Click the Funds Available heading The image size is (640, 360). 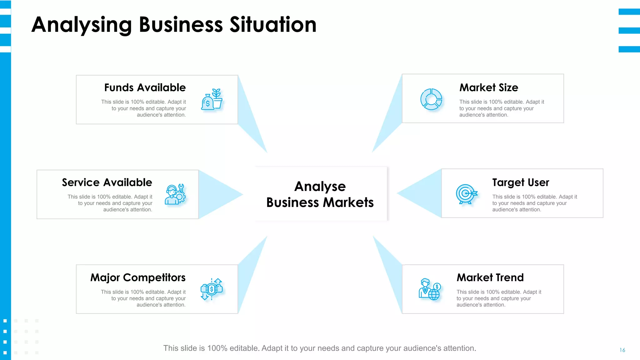pyautogui.click(x=145, y=88)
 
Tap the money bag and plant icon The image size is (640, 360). pyautogui.click(x=212, y=99)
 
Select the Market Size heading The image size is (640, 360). pyautogui.click(x=488, y=88)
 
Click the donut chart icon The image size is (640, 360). pyautogui.click(x=431, y=99)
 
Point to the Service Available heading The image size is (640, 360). pyautogui.click(x=107, y=182)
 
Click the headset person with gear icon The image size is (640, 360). pyautogui.click(x=175, y=194)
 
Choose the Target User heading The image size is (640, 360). pyautogui.click(x=521, y=182)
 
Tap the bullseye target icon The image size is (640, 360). pyautogui.click(x=466, y=194)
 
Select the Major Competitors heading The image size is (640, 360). pyautogui.click(x=138, y=277)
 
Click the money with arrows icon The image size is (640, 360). pyautogui.click(x=212, y=289)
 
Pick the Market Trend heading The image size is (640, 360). pyautogui.click(x=490, y=277)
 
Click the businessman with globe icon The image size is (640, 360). pyautogui.click(x=430, y=289)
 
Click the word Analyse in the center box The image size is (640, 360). pyautogui.click(x=320, y=187)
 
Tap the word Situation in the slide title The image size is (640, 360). pyautogui.click(x=273, y=25)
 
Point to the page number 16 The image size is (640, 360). pyautogui.click(x=622, y=350)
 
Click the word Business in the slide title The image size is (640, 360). pyautogui.click(x=181, y=25)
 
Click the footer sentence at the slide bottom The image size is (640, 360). pyautogui.click(x=320, y=348)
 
